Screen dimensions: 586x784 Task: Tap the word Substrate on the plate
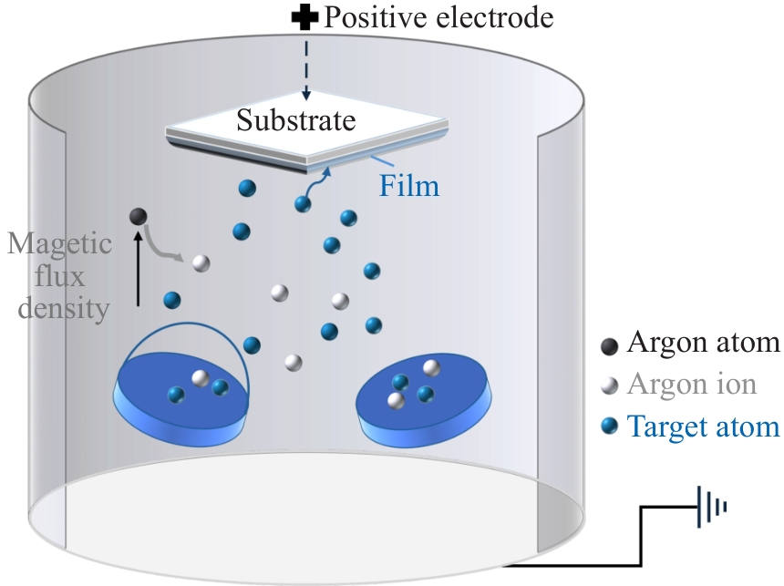point(296,119)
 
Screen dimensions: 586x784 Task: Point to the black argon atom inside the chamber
point(138,216)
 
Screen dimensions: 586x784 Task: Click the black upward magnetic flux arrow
point(139,268)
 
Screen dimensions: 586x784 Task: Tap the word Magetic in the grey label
point(60,245)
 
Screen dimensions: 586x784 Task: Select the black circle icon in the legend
point(609,344)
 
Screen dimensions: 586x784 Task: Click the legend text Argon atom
point(703,344)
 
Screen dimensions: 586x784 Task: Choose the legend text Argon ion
point(691,384)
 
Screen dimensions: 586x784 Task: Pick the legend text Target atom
point(703,426)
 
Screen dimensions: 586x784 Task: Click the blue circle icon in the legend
point(609,426)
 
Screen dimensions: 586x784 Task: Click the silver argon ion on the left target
point(199,377)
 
